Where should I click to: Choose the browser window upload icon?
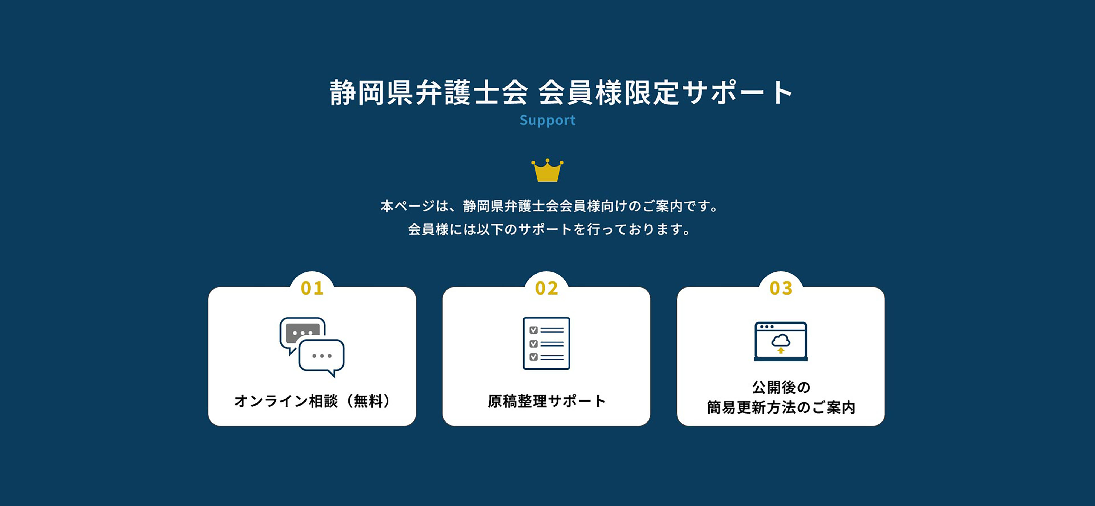click(x=780, y=341)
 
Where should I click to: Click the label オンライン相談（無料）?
click(x=312, y=401)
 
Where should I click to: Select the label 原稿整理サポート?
click(x=547, y=401)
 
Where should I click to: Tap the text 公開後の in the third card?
click(x=781, y=387)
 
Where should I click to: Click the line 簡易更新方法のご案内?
click(x=781, y=408)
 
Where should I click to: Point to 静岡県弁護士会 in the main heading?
click(x=428, y=93)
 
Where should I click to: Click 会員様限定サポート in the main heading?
click(x=665, y=93)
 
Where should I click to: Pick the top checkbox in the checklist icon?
click(x=534, y=330)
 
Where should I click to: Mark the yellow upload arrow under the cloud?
click(x=781, y=350)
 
